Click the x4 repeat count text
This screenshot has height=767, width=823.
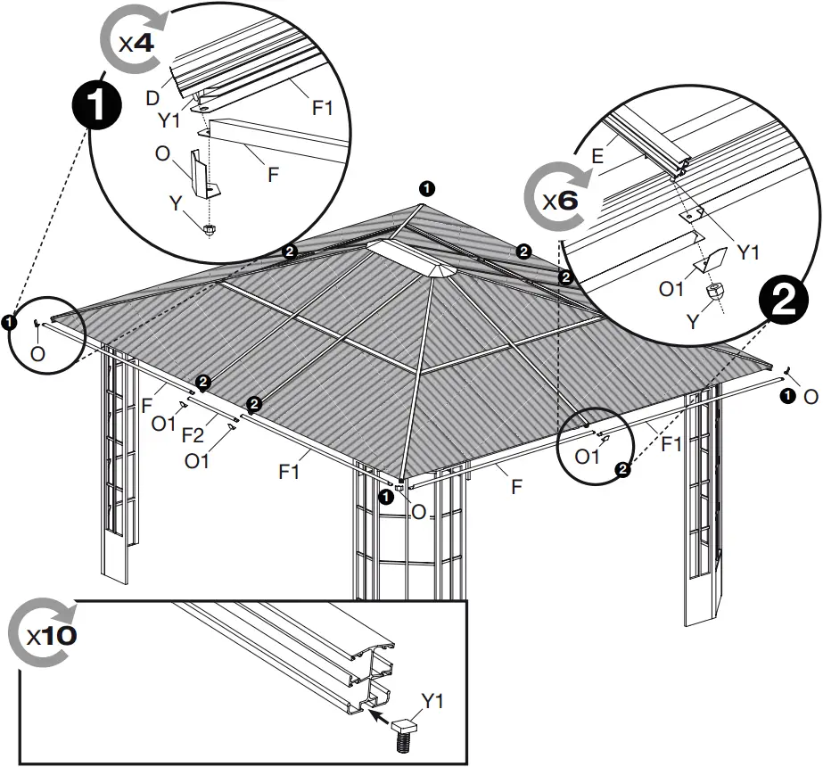click(x=137, y=43)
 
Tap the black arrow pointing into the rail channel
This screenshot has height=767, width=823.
click(x=378, y=713)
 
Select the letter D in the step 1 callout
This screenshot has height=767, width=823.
click(x=152, y=98)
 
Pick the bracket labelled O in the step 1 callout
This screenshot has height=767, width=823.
click(x=204, y=177)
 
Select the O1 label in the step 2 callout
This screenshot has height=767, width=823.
click(x=671, y=290)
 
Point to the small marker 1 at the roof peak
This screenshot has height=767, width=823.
click(x=427, y=188)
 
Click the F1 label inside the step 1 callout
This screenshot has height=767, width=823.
click(x=322, y=109)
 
